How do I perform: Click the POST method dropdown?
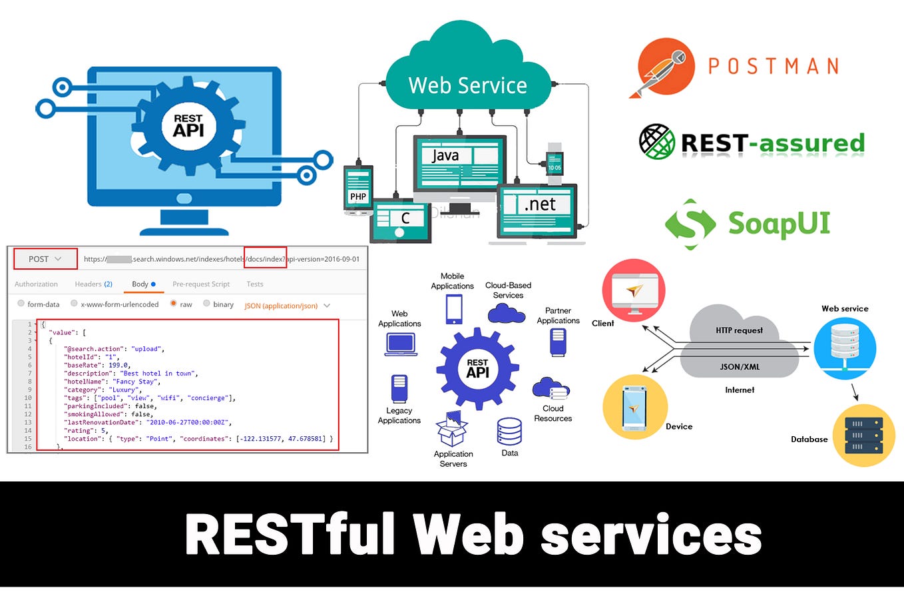(x=45, y=259)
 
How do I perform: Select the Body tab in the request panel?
(x=140, y=284)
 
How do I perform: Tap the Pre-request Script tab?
(x=201, y=284)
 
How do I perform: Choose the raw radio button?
(x=174, y=304)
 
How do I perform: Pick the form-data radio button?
(x=21, y=304)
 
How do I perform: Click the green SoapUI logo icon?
(x=690, y=224)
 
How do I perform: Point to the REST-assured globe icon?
(x=656, y=141)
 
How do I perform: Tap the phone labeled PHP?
(x=358, y=190)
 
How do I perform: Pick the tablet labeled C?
(x=401, y=220)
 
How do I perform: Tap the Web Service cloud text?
(x=467, y=85)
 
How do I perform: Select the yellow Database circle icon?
(x=863, y=435)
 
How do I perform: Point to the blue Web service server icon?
(x=845, y=348)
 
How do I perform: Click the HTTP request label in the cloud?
(x=739, y=330)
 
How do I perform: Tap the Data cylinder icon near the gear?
(x=509, y=432)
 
